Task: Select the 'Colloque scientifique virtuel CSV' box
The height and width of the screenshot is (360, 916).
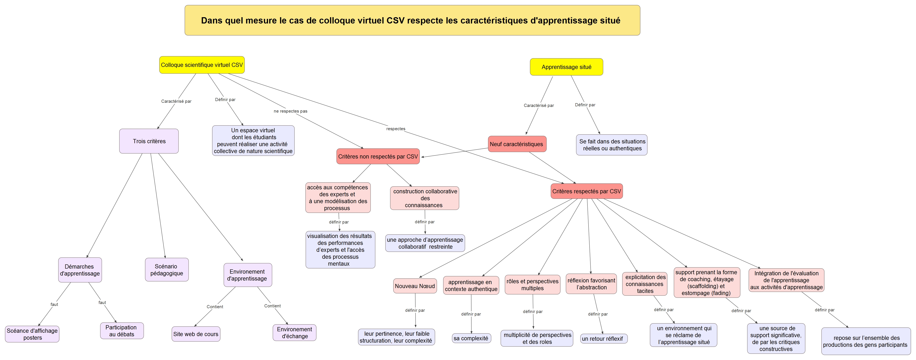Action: point(202,65)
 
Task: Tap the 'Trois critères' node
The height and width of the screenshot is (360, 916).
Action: point(149,141)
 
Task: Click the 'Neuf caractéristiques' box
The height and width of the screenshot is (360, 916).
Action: point(516,144)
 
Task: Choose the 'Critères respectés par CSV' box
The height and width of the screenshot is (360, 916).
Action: point(586,191)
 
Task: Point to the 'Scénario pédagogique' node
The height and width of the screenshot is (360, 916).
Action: point(166,270)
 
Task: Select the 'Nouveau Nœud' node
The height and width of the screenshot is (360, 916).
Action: point(415,286)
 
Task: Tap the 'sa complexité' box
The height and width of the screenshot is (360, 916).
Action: point(471,338)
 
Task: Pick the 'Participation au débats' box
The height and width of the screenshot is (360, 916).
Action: point(122,331)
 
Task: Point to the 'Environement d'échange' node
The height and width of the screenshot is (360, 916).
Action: point(294,333)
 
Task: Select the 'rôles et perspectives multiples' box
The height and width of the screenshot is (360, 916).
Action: point(532,285)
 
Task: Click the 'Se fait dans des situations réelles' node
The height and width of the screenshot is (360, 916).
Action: point(612,145)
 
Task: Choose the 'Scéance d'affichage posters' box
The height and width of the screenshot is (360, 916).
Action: point(32,334)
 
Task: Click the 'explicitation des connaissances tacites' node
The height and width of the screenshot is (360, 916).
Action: point(645,284)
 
